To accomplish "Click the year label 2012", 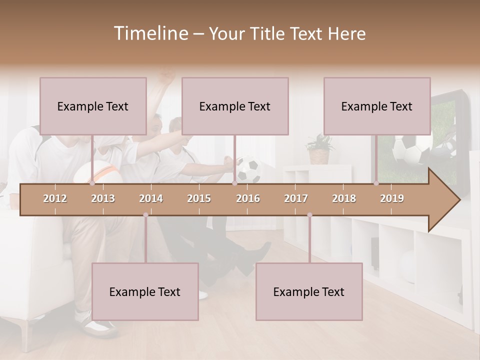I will [x=55, y=198].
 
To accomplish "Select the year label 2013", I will [x=103, y=198].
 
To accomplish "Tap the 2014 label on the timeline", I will [x=151, y=198].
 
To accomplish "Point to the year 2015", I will [x=199, y=198].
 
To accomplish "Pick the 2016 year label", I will [x=248, y=198].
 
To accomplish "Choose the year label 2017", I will [x=296, y=198].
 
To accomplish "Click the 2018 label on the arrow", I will [x=344, y=198].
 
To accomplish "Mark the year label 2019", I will [x=392, y=198].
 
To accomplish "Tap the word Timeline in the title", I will [x=150, y=33].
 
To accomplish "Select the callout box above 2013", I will [x=93, y=106].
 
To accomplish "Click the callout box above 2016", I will [x=235, y=106].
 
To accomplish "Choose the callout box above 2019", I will [x=377, y=106].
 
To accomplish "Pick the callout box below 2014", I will [x=145, y=291].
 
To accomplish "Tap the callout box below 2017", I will [x=309, y=291].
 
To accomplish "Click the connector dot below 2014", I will [x=145, y=215].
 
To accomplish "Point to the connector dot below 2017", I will [x=309, y=215].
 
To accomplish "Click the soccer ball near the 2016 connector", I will [x=248, y=170].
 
